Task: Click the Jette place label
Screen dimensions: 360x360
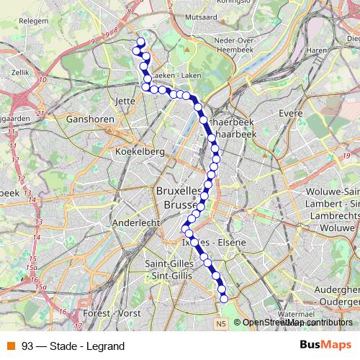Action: (x=125, y=102)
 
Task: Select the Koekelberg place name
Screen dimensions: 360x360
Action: (x=140, y=152)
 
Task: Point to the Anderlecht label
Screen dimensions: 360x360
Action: (x=136, y=223)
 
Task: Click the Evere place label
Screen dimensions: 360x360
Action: (x=291, y=114)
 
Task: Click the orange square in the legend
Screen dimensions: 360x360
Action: (x=12, y=346)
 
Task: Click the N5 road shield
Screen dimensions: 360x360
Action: (x=220, y=325)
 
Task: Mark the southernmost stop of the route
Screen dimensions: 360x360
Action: (x=223, y=298)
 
